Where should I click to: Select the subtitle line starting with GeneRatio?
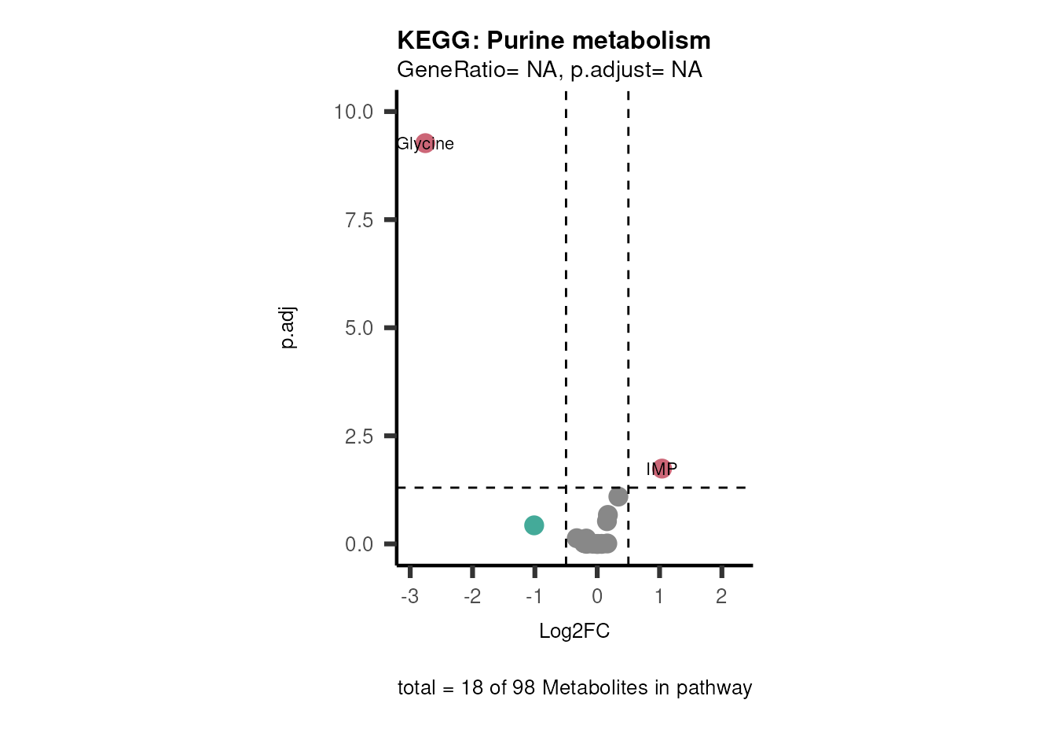(549, 70)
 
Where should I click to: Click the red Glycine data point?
(425, 143)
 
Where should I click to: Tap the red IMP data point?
(662, 469)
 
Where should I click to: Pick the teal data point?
(534, 525)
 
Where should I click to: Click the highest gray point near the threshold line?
(618, 496)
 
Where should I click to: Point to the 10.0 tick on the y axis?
(354, 112)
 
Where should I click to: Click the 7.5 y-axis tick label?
(359, 220)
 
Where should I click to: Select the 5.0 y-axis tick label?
(359, 328)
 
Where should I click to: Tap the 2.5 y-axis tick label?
(359, 436)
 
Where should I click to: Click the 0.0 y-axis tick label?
(359, 544)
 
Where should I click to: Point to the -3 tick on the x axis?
(409, 596)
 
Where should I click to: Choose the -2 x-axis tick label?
(471, 596)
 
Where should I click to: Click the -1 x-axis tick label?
(533, 596)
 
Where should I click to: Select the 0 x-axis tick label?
(597, 596)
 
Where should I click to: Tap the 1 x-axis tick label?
(659, 596)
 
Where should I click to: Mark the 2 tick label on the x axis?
(721, 596)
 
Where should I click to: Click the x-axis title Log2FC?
(574, 632)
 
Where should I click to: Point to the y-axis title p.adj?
(288, 328)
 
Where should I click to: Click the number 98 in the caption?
(523, 688)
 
